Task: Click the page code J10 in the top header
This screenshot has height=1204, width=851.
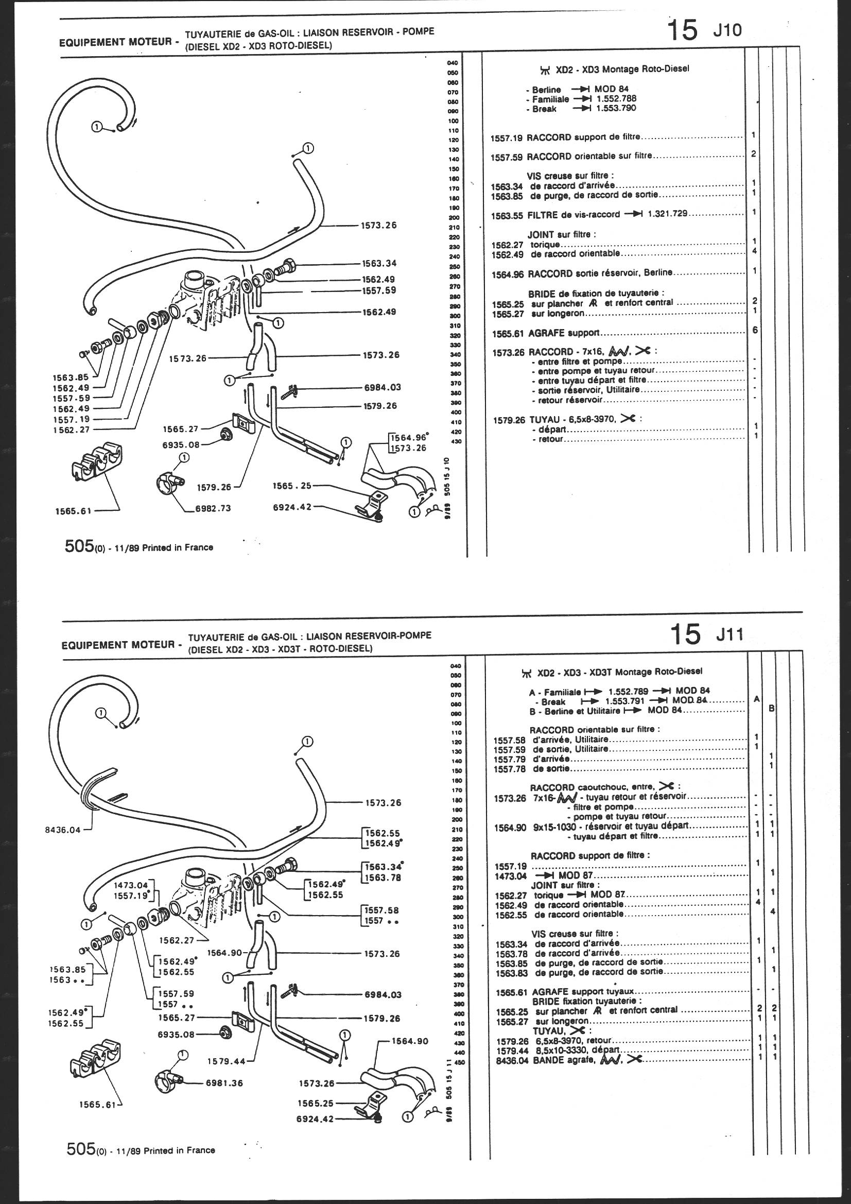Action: (727, 31)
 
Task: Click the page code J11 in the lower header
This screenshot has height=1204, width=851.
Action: (730, 634)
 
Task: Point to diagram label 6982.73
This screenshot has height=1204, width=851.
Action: (213, 508)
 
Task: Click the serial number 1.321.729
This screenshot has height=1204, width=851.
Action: (668, 214)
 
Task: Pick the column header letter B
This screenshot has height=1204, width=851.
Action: (771, 709)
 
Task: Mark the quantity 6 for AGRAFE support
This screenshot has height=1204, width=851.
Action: (755, 330)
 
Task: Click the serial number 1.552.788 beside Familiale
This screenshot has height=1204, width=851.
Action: (617, 98)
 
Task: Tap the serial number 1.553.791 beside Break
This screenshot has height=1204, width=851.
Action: (626, 701)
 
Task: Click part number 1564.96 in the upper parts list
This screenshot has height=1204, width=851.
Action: (508, 273)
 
